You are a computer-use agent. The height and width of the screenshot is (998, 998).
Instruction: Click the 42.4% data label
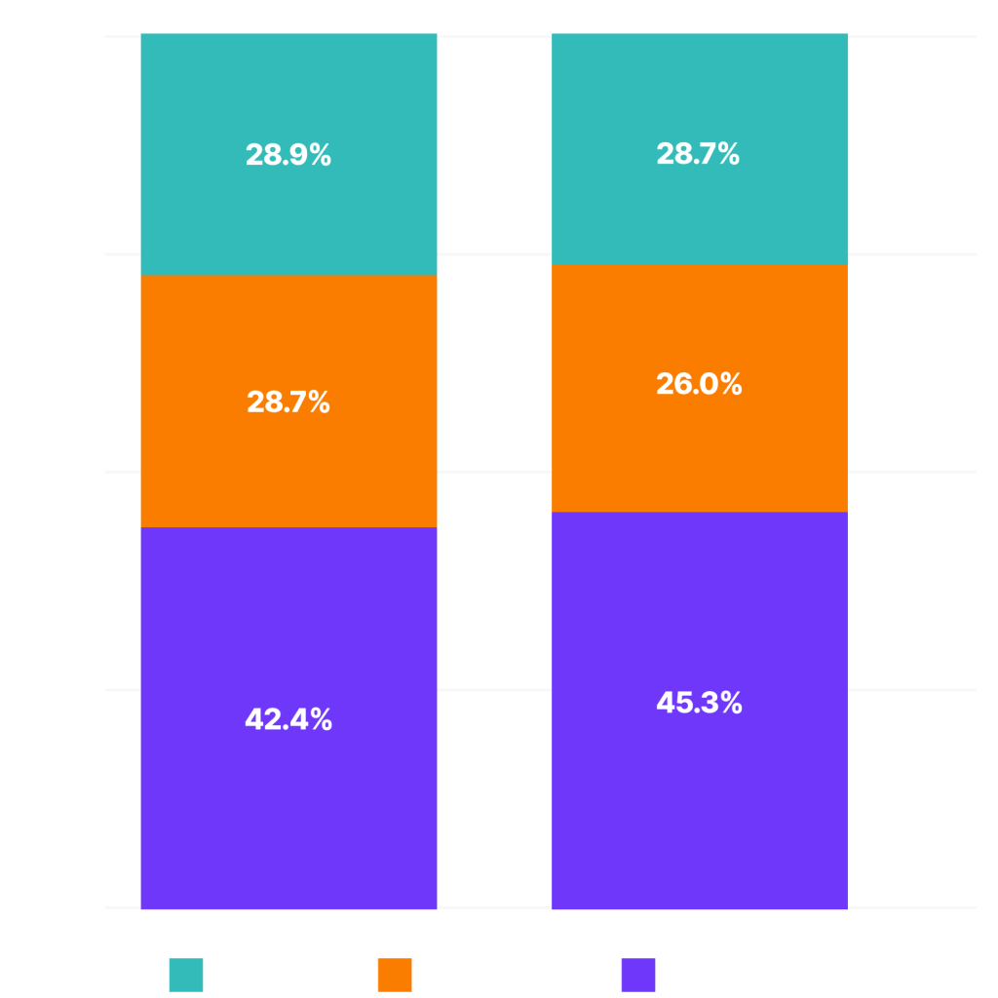point(288,720)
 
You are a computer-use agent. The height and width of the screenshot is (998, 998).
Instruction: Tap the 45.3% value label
point(700,703)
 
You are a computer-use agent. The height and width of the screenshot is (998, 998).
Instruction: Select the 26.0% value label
point(700,384)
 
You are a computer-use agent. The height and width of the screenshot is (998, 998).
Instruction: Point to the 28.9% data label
point(288,155)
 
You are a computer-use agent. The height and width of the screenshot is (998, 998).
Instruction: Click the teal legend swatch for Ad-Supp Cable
point(186,975)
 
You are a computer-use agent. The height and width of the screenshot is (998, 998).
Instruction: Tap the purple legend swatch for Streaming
point(638,975)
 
